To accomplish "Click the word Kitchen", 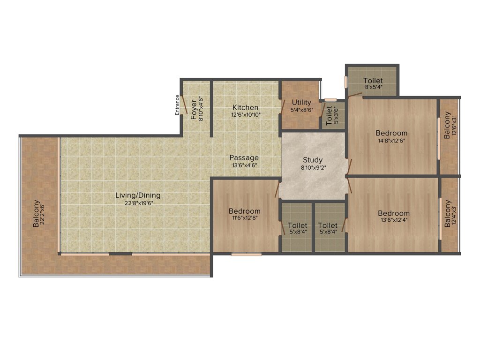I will pos(246,108).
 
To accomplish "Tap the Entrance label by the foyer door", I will pos(177,105).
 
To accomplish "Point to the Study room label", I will pos(313,160).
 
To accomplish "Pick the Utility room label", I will pos(301,102).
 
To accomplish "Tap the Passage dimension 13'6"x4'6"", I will pos(244,165).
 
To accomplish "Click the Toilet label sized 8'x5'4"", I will pos(373,81).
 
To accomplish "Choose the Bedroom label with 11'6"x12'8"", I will pos(245,211).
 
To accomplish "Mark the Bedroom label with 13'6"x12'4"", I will pos(394,213).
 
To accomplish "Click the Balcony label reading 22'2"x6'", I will pos(37,214).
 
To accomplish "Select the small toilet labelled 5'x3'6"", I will pos(329,115).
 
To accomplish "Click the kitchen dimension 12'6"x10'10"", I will pos(246,114).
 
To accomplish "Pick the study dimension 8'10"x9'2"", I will pos(313,167).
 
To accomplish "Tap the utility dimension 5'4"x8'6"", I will pos(301,110).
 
